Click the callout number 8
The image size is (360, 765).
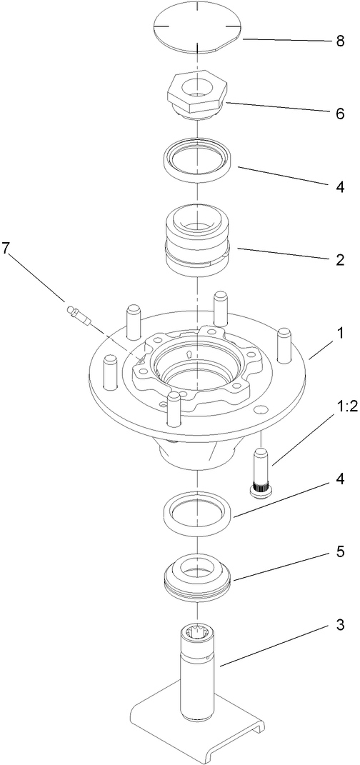click(x=339, y=41)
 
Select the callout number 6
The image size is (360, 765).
click(x=339, y=114)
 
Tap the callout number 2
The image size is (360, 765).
click(x=339, y=259)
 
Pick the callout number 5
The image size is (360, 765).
click(x=339, y=551)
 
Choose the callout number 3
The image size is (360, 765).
click(x=339, y=626)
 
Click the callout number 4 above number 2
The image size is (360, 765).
click(x=339, y=186)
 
